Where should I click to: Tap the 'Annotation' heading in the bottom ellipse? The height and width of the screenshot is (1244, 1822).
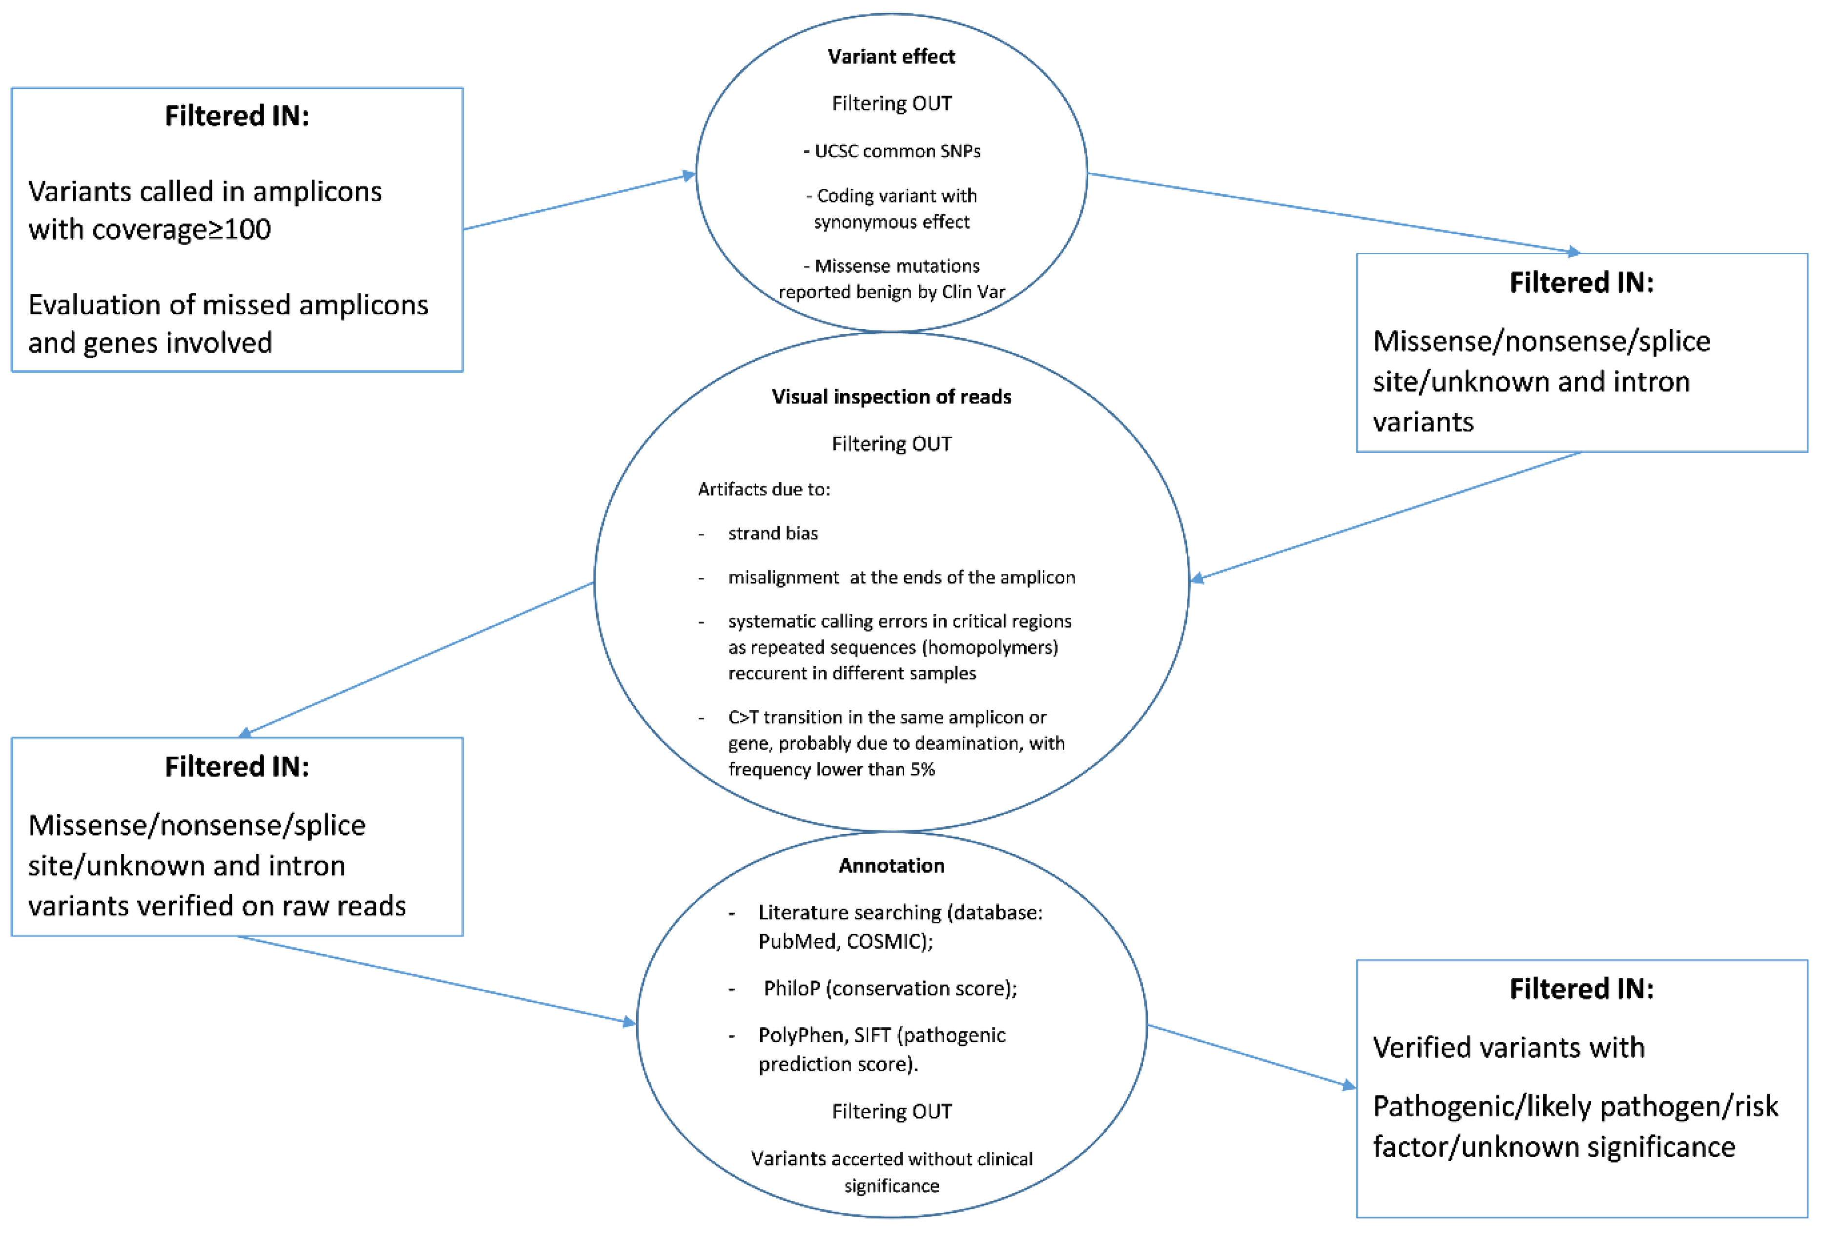[x=891, y=865]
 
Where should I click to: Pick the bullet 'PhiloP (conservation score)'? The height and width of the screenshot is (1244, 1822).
[x=890, y=988]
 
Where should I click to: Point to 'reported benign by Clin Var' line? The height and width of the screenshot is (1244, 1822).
[x=891, y=292]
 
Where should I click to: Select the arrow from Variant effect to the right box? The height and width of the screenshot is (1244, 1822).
[x=1333, y=213]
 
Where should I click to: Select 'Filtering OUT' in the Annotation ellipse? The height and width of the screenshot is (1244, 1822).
[x=891, y=1112]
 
